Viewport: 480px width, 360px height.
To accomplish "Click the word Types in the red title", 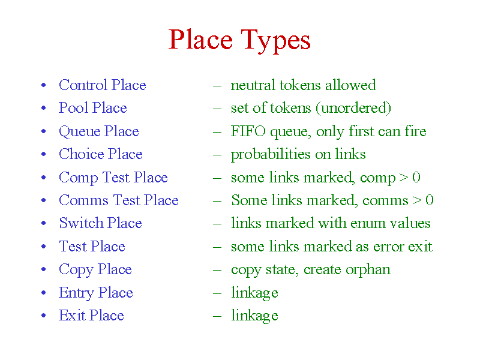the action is click(x=275, y=41).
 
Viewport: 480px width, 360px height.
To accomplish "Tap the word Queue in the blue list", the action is click(x=80, y=132).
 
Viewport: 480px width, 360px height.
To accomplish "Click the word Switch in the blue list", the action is click(x=81, y=223).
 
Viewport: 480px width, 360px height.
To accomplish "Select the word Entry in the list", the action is click(x=76, y=293).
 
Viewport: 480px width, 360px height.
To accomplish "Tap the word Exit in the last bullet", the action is click(x=72, y=316).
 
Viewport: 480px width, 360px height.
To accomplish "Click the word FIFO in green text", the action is click(x=248, y=131).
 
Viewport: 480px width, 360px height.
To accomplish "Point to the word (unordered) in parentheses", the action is click(x=353, y=108).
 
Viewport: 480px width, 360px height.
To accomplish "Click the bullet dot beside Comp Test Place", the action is click(x=43, y=177).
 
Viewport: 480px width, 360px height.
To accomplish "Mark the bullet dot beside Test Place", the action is click(x=43, y=246).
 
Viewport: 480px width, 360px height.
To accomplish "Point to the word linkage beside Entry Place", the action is click(x=254, y=293).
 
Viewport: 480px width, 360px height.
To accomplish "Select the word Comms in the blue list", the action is click(x=83, y=200).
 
